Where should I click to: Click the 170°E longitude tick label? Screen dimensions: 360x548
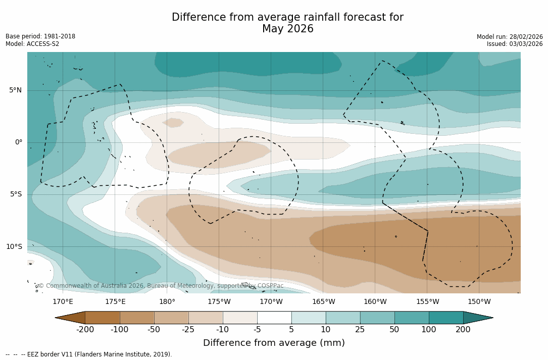pos(63,302)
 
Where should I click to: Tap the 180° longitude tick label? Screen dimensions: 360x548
pos(167,302)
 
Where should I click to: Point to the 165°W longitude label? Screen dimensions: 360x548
pos(323,302)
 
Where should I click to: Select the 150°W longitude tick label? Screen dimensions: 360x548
pos(479,302)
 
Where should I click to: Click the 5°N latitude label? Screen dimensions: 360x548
pos(15,90)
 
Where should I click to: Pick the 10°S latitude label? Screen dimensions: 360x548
pos(14,247)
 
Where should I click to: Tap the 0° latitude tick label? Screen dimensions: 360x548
pos(18,142)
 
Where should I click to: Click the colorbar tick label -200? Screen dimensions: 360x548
pos(85,330)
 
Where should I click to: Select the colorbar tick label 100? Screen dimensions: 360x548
pos(429,330)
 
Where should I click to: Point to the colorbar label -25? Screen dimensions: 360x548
pos(188,330)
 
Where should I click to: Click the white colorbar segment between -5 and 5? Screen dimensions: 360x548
pos(274,318)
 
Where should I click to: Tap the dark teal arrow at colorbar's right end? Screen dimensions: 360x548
pos(477,318)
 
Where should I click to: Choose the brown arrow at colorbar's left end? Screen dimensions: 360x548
pos(71,318)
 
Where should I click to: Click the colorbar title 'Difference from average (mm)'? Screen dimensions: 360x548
pos(274,343)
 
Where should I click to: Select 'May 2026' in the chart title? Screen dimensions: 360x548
pos(287,29)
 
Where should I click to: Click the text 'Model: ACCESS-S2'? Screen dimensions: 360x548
pos(32,44)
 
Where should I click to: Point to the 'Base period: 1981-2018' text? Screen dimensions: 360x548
pos(40,36)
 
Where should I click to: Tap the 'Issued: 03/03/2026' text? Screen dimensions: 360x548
pos(515,44)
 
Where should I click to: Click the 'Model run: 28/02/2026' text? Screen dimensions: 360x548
pos(510,37)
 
